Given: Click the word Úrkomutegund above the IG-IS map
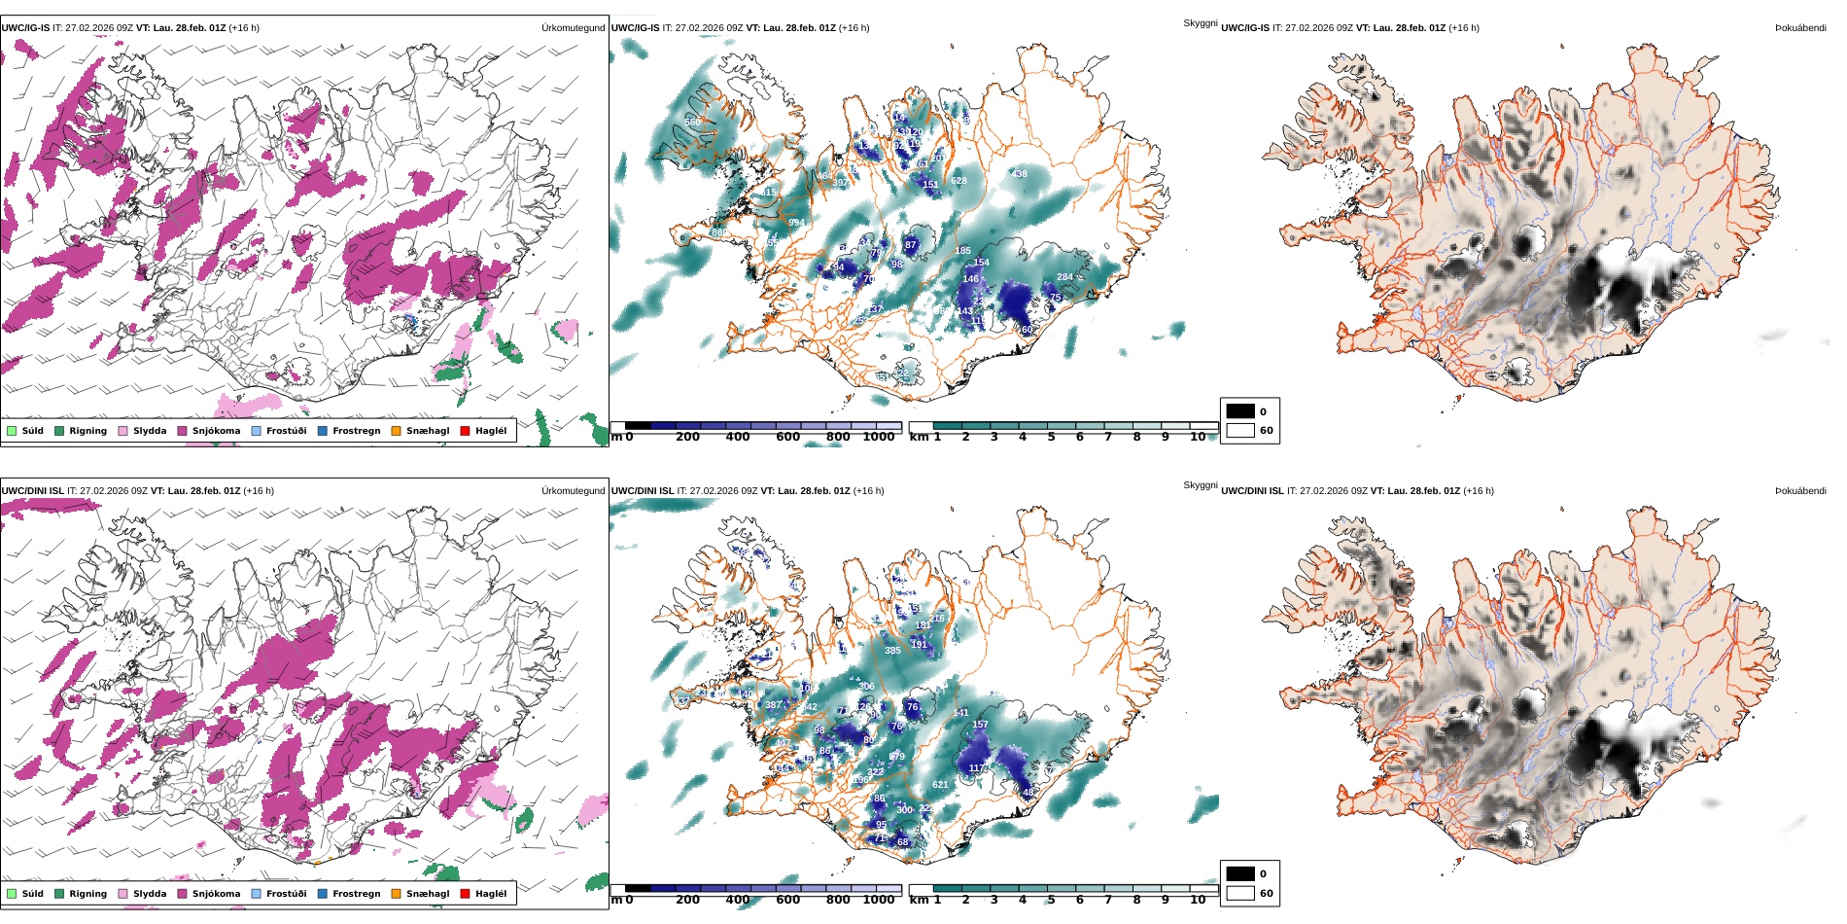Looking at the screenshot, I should tap(573, 28).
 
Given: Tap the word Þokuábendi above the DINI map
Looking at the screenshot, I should tap(1800, 491).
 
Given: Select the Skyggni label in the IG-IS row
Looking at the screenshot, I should tap(1200, 23).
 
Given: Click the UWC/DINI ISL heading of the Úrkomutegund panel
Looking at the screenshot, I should tap(32, 491).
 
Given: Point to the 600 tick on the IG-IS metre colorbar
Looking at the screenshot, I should tap(787, 437).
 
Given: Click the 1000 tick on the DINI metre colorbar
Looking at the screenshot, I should tap(878, 900).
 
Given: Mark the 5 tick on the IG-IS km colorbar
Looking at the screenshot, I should tap(1051, 437).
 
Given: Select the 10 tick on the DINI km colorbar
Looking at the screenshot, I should tap(1198, 900).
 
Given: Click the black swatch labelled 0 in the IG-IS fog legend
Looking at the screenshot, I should tap(1240, 411).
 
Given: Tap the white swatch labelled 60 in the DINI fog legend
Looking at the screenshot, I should tap(1240, 893).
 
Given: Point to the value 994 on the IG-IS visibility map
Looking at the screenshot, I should tap(796, 223).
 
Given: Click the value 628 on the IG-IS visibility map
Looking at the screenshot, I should tap(958, 181).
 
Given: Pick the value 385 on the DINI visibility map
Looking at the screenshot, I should tap(892, 651).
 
